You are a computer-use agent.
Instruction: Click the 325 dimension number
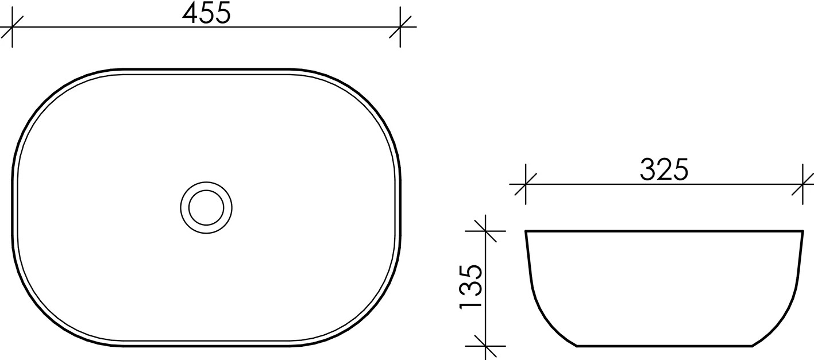[664, 169]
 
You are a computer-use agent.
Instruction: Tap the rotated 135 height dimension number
[471, 287]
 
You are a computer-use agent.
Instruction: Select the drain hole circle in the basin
[206, 208]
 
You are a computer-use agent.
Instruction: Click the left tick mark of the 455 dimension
[13, 27]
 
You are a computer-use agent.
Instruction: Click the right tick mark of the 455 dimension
[400, 27]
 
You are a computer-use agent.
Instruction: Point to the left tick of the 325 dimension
[526, 184]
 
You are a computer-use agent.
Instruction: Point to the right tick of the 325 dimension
[803, 184]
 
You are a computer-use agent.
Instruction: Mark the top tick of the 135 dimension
[485, 231]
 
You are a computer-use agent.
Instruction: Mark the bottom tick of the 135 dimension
[485, 346]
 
